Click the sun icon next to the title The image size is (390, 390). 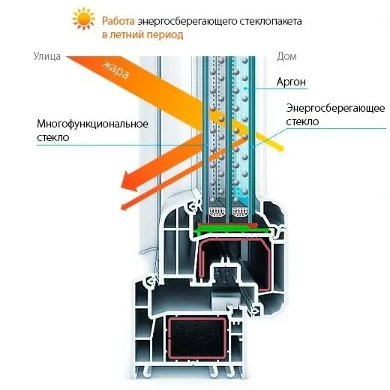pyautogui.click(x=84, y=19)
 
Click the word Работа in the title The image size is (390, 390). pyautogui.click(x=118, y=21)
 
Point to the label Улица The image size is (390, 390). pyautogui.click(x=47, y=56)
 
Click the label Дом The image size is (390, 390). pyautogui.click(x=286, y=56)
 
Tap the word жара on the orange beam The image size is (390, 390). pyautogui.click(x=115, y=70)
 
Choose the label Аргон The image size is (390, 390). pyautogui.click(x=291, y=82)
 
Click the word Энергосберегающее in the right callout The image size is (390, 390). pyautogui.click(x=335, y=108)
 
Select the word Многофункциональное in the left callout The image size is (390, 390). pyautogui.click(x=92, y=124)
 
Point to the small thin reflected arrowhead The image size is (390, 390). pyautogui.click(x=125, y=206)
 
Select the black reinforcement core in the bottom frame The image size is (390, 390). pyautogui.click(x=197, y=338)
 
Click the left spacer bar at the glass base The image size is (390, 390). pyautogui.click(x=217, y=212)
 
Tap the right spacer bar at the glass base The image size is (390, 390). pyautogui.click(x=240, y=212)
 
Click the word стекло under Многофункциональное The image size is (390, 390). pyautogui.click(x=53, y=137)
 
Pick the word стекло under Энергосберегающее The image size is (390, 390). pyautogui.click(x=302, y=121)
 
